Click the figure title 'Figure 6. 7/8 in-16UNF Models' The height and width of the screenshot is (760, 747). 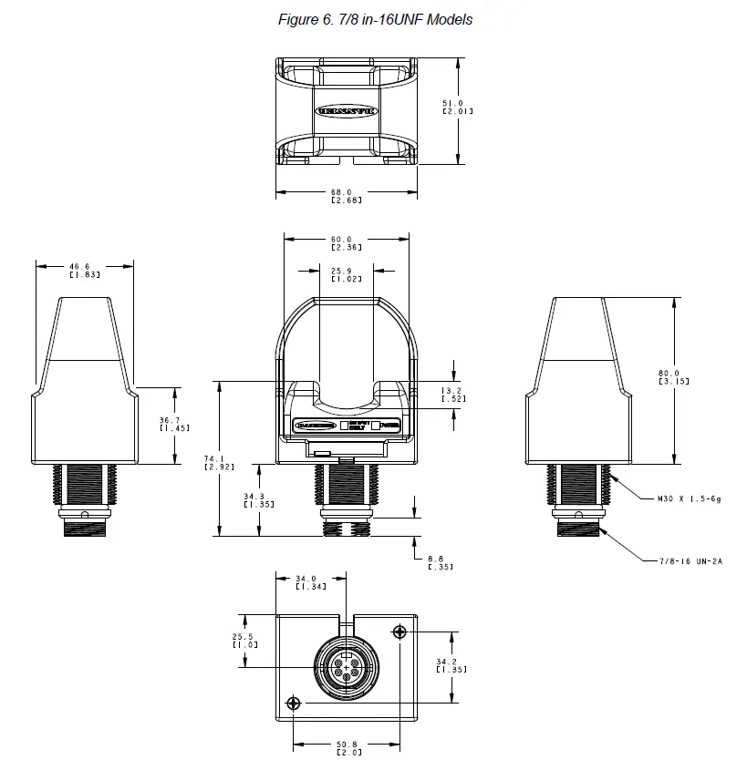(375, 19)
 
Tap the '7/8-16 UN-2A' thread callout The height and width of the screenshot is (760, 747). (690, 561)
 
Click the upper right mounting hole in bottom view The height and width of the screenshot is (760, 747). (399, 632)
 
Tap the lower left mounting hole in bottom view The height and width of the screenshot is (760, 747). (293, 703)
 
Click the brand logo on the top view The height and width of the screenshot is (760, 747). (346, 111)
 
